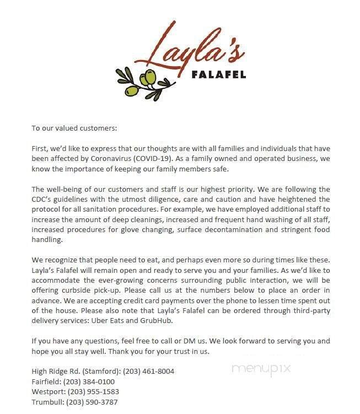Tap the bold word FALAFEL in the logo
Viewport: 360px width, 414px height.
219,74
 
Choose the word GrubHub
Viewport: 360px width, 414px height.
184,320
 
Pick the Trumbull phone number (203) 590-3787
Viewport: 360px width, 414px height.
92,402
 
